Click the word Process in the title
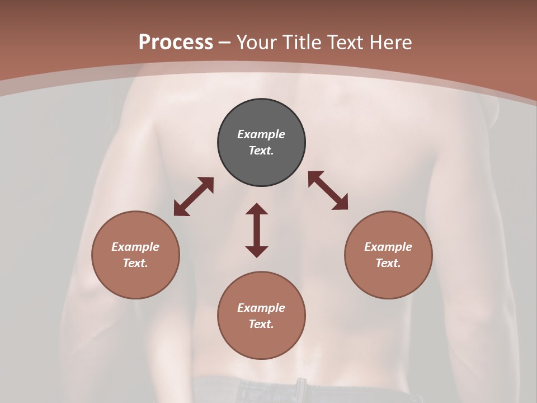click(176, 43)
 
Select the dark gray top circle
click(261, 143)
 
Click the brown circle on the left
click(135, 255)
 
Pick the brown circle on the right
click(388, 255)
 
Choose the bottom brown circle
click(261, 316)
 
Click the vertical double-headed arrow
click(257, 230)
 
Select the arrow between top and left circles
click(194, 196)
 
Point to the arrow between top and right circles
click(328, 191)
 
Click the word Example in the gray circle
click(261, 134)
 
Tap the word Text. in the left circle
click(135, 263)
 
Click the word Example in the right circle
click(388, 247)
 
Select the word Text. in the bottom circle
click(261, 324)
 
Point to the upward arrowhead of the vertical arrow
click(257, 209)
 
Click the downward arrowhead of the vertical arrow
click(257, 251)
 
